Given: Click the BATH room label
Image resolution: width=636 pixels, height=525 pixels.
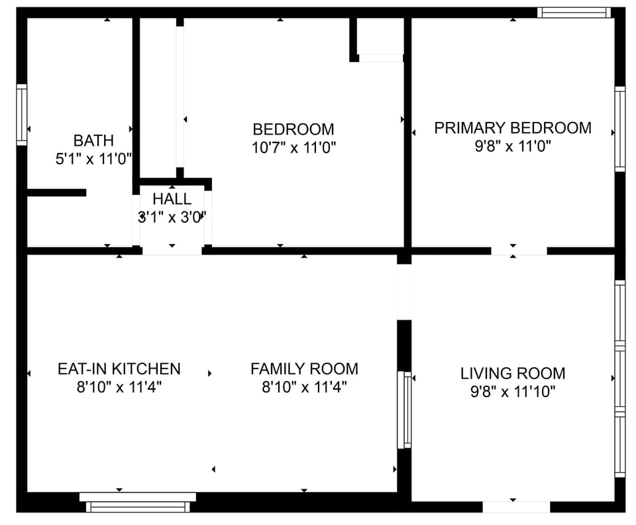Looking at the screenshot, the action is (x=93, y=141).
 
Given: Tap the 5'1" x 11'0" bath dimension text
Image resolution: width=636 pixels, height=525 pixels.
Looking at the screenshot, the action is (x=93, y=158).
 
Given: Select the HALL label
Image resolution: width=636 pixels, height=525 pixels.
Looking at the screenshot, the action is (x=172, y=200).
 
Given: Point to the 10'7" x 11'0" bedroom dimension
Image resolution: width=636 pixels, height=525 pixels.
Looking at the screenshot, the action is (x=293, y=147).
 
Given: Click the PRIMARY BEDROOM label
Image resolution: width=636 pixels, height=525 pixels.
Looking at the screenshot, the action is (x=513, y=128).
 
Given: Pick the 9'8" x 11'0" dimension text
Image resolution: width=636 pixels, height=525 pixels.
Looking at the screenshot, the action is (x=513, y=146).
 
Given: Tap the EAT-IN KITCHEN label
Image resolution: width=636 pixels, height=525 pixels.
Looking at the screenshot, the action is (x=119, y=369).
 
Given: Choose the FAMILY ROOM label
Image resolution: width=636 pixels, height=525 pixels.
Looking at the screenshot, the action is (x=304, y=369).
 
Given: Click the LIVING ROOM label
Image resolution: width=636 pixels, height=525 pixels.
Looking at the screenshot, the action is (x=513, y=373).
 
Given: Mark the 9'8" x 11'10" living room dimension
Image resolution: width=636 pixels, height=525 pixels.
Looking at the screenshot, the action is (x=513, y=392).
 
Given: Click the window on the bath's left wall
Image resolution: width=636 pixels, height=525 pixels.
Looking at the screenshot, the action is (x=21, y=115).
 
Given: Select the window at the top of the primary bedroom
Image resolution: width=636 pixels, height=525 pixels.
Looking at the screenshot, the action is (x=574, y=13).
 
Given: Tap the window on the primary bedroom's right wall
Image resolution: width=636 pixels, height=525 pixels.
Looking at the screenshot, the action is (x=620, y=129).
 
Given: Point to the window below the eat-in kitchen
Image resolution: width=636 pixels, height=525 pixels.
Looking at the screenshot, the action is (x=138, y=502).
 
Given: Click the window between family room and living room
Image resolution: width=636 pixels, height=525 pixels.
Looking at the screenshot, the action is (x=404, y=410).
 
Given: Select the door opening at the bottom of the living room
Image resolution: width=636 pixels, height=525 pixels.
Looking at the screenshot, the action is (x=516, y=506).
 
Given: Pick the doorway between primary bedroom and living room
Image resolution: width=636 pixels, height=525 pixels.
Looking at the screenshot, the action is (x=519, y=251).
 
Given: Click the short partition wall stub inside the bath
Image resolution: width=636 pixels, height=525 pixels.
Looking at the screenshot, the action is (x=56, y=193).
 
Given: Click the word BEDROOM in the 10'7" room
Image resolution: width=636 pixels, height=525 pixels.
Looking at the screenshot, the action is (x=293, y=129).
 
